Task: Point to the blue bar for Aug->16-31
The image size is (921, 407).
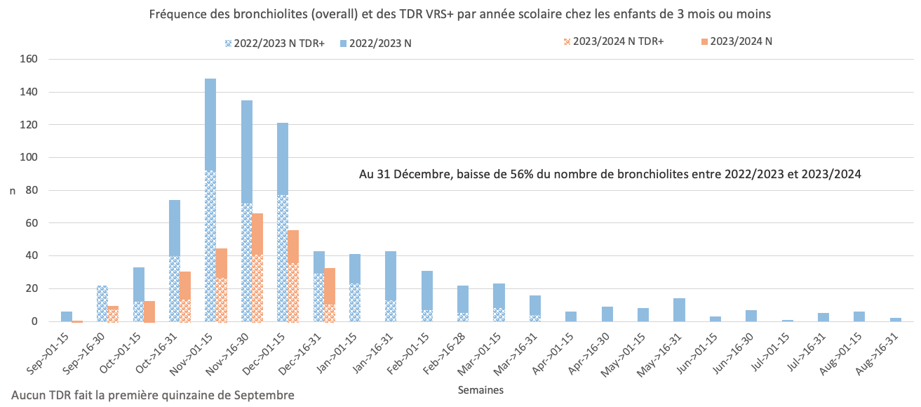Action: pyautogui.click(x=895, y=320)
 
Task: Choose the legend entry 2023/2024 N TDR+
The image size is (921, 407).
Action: pyautogui.click(x=611, y=41)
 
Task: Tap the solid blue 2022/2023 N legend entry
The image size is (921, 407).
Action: pyautogui.click(x=378, y=43)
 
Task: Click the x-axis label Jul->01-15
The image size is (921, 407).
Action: pyautogui.click(x=772, y=347)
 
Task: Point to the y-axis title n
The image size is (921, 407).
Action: pyautogui.click(x=12, y=191)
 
